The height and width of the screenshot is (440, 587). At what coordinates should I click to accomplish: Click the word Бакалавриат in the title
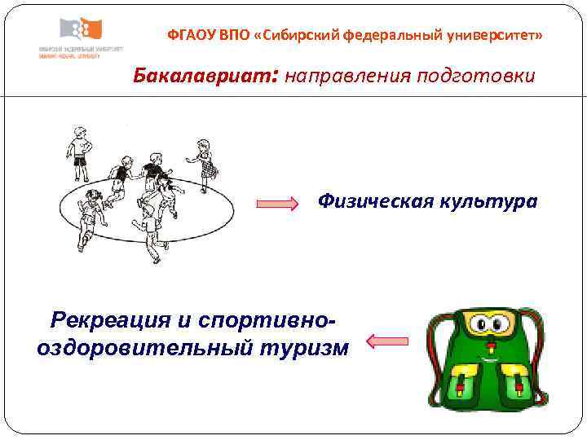pos(205,77)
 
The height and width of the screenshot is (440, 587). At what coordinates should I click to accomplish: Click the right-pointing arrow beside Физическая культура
pos(280,203)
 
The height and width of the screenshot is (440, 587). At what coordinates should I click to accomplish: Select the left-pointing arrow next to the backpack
pos(388,341)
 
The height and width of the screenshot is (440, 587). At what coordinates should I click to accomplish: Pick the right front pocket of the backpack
pos(514,382)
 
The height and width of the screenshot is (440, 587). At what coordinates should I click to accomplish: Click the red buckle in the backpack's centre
pos(490,357)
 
